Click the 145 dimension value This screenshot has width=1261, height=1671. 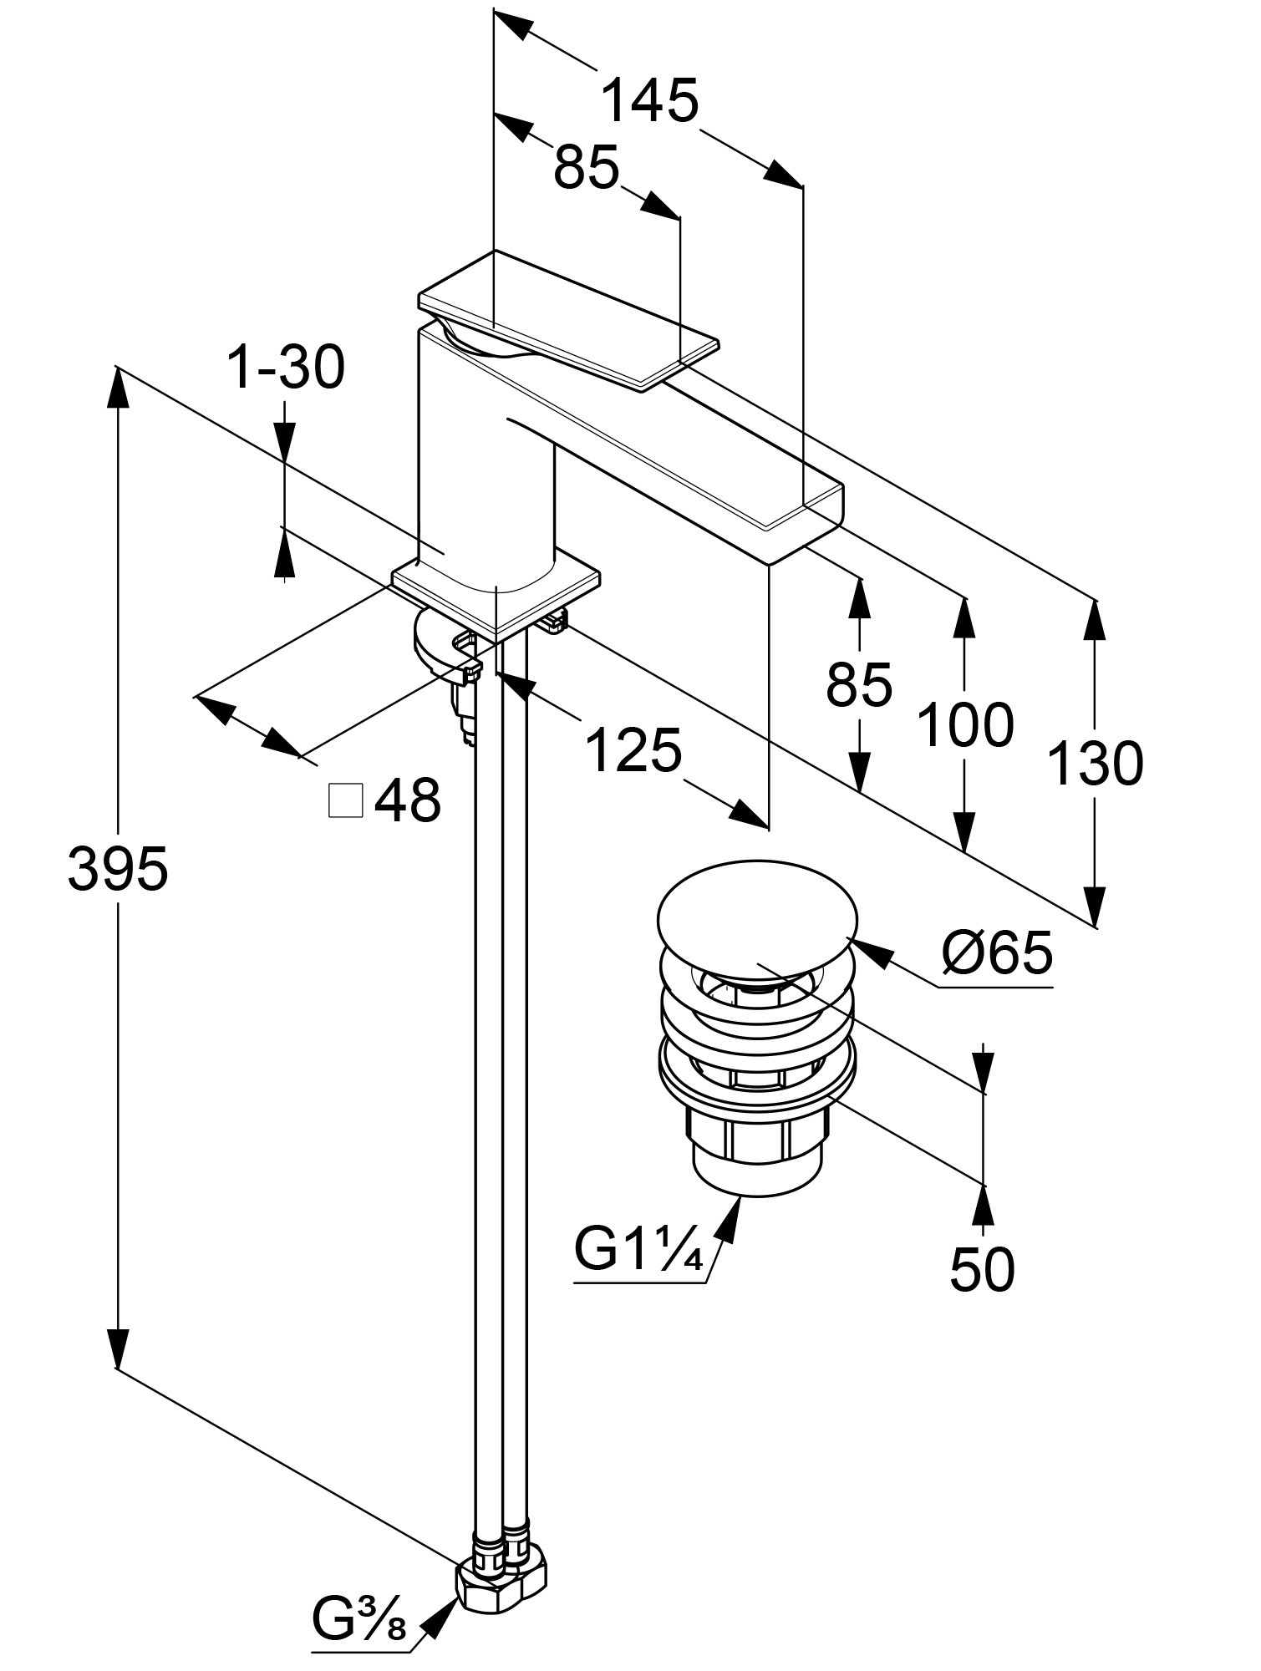pos(649,101)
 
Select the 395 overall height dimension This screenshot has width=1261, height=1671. pos(118,869)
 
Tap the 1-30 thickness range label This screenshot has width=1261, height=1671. pos(286,368)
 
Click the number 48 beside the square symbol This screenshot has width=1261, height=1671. pos(407,800)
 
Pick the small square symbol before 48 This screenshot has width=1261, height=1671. pos(346,800)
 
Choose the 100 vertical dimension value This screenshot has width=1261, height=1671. pos(965,724)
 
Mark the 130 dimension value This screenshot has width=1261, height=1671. pos(1095,764)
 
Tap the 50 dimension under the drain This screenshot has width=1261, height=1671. pos(982,1269)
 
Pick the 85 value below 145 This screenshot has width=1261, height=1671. pos(586,167)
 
